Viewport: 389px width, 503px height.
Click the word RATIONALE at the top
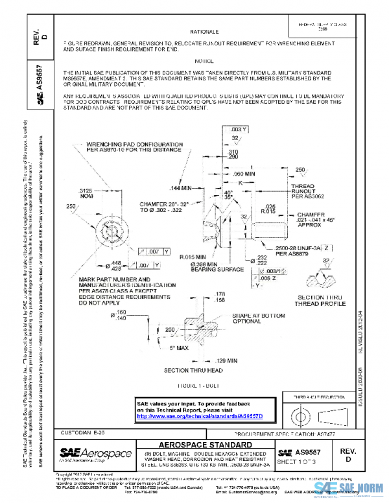pyautogui.click(x=204, y=30)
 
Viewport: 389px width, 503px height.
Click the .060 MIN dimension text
pyautogui.click(x=245, y=174)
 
